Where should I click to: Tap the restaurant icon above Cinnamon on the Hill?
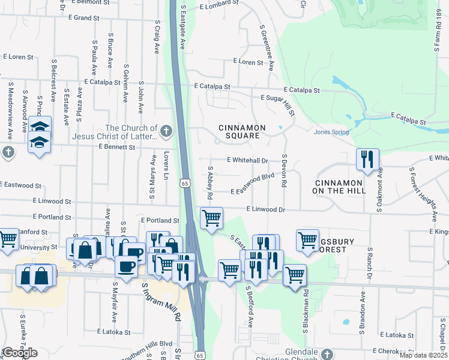coord(367,160)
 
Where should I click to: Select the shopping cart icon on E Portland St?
coord(211,218)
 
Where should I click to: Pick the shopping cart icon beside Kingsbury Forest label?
coord(307,239)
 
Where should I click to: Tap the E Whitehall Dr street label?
coord(247,160)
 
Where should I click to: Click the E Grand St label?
coord(83,18)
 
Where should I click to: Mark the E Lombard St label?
coord(219,6)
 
